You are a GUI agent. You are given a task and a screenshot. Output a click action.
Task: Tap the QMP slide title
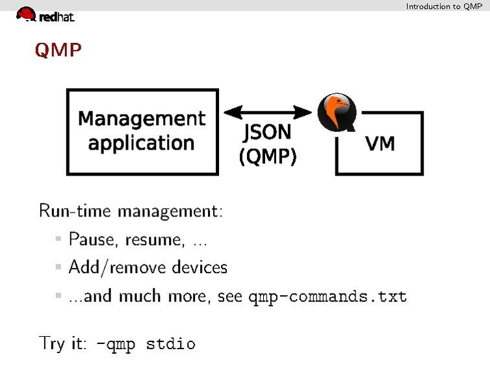(x=58, y=50)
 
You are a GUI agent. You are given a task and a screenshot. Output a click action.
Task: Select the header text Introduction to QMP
(x=444, y=6)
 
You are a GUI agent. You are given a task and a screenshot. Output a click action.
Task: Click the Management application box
(x=142, y=131)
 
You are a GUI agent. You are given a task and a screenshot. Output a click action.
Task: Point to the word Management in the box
(x=142, y=119)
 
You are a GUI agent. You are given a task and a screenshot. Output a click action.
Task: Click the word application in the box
(x=142, y=143)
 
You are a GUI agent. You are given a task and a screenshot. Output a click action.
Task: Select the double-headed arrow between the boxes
(x=267, y=112)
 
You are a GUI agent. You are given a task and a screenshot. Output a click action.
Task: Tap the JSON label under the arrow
(x=267, y=133)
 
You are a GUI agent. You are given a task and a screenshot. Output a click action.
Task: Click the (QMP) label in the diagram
(x=268, y=156)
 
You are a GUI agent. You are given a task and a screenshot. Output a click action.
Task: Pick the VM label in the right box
(x=380, y=143)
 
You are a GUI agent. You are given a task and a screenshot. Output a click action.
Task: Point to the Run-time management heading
(x=131, y=211)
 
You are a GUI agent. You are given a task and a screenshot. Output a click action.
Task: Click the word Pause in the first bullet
(x=90, y=240)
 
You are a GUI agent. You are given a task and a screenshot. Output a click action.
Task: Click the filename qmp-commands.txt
(x=328, y=297)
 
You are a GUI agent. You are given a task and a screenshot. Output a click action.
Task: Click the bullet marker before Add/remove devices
(x=58, y=267)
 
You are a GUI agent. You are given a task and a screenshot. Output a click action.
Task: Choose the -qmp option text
(x=116, y=344)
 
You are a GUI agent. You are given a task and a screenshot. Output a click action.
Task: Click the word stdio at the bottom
(x=170, y=344)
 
